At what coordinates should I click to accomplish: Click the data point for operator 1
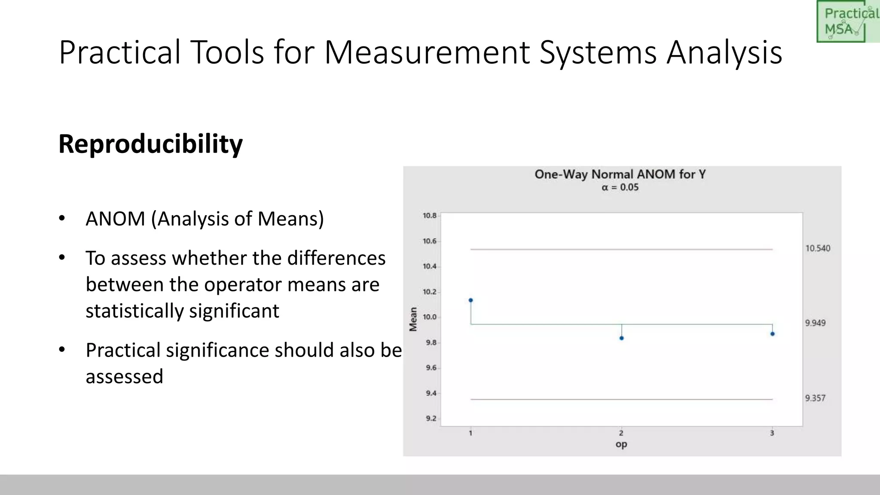[471, 300]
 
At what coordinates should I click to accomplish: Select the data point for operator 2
[621, 338]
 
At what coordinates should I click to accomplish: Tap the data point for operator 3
[772, 334]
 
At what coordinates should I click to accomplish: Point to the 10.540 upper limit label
[818, 248]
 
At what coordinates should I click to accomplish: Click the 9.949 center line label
[815, 323]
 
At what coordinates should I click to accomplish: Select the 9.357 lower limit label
[815, 398]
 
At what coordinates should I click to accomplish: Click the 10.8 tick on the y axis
[430, 216]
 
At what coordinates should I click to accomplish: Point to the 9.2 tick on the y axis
[431, 419]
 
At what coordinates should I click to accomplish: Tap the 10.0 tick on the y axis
[430, 317]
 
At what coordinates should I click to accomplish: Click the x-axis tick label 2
[621, 433]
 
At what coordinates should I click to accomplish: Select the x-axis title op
[621, 444]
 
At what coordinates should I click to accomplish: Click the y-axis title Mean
[413, 319]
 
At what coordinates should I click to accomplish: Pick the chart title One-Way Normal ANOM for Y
[620, 174]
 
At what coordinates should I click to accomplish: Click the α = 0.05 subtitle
[620, 187]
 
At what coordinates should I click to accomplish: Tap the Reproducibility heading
[150, 144]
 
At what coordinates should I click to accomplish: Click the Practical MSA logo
[847, 21]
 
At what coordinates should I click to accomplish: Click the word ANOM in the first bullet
[116, 219]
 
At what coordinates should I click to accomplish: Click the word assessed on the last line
[125, 376]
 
